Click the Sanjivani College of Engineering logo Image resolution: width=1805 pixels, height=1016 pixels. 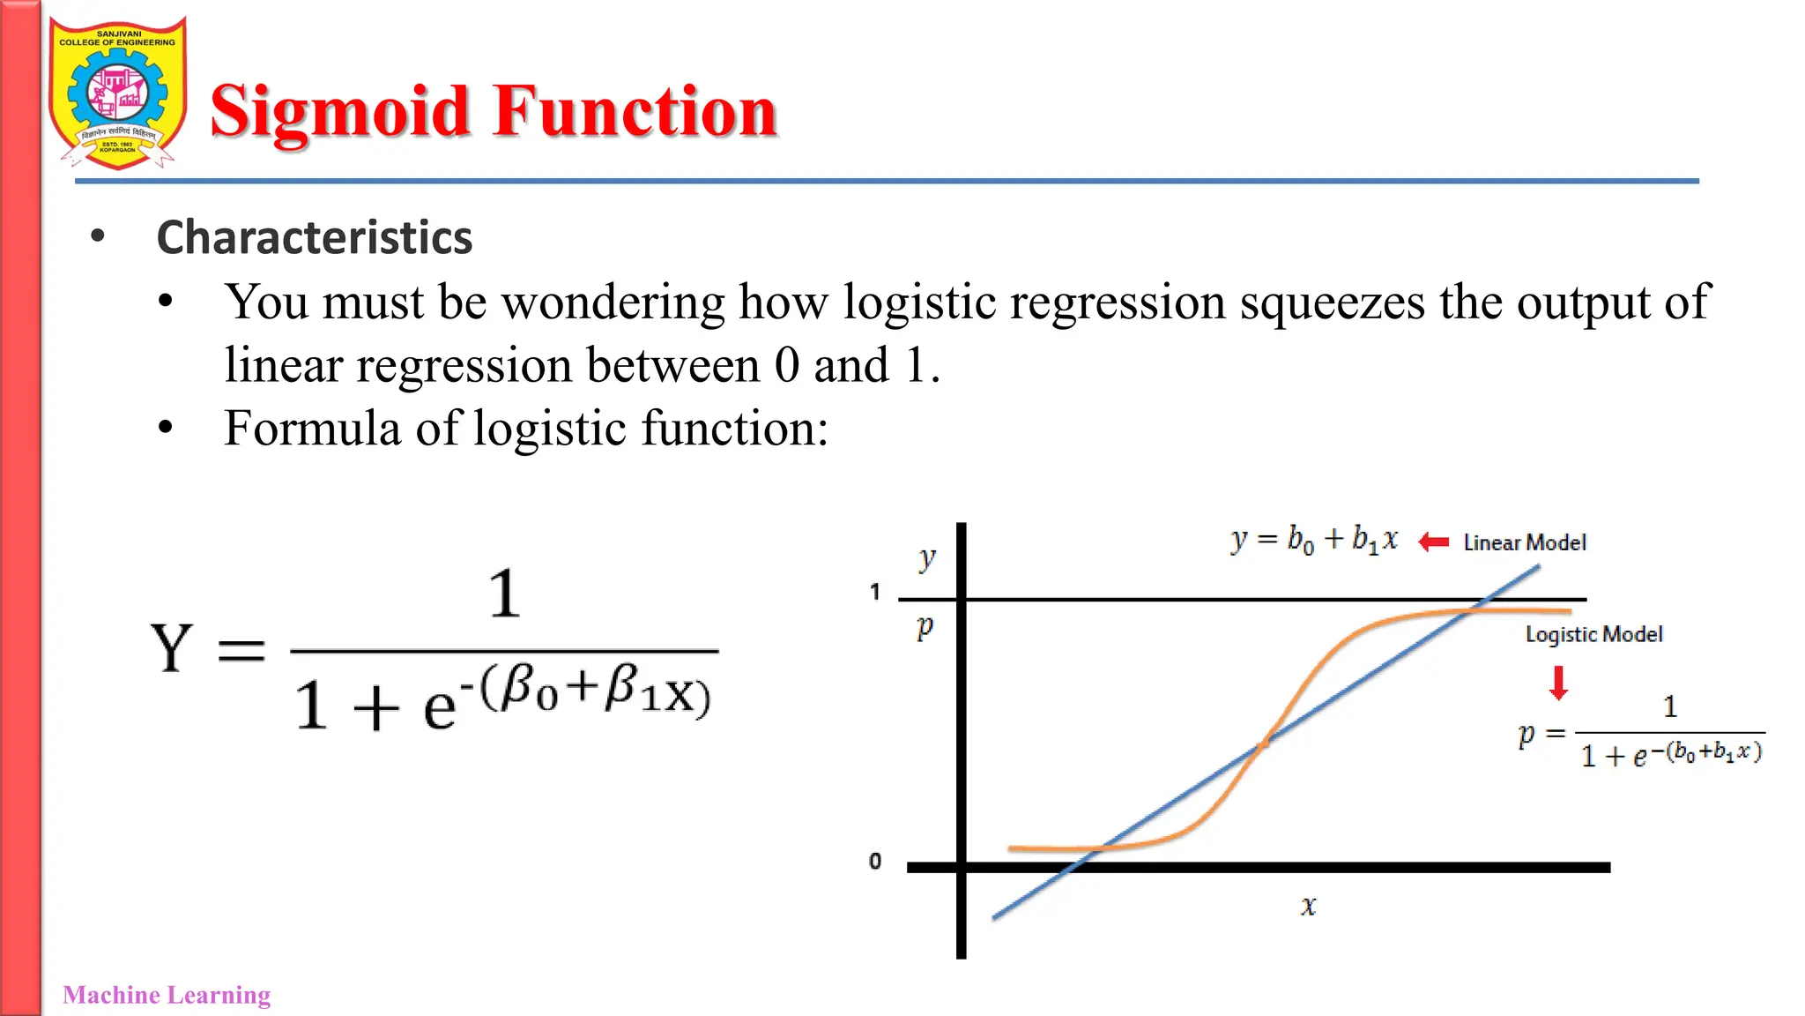pyautogui.click(x=117, y=93)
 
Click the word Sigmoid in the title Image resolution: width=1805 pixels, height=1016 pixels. pyautogui.click(x=339, y=112)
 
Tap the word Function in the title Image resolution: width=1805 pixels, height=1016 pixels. pyautogui.click(x=635, y=112)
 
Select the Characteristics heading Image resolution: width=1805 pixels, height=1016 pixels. pyautogui.click(x=314, y=237)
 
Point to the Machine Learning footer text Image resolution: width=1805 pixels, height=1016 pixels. pyautogui.click(x=167, y=995)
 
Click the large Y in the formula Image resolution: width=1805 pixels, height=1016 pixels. pyautogui.click(x=171, y=648)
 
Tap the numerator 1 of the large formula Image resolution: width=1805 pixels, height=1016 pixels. pyautogui.click(x=504, y=594)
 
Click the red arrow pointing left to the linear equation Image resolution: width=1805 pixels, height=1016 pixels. pyautogui.click(x=1434, y=542)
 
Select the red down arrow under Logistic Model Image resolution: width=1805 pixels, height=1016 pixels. pyautogui.click(x=1558, y=683)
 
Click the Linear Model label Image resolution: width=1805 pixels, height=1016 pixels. pyautogui.click(x=1525, y=542)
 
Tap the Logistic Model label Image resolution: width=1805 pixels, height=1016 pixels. pyautogui.click(x=1593, y=634)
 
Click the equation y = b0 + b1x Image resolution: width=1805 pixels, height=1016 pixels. pyautogui.click(x=1314, y=539)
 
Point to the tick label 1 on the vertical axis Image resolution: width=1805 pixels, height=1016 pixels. pyautogui.click(x=875, y=592)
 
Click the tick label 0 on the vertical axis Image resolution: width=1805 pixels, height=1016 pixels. pyautogui.click(x=875, y=861)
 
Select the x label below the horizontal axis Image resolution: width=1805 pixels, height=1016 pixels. pyautogui.click(x=1309, y=906)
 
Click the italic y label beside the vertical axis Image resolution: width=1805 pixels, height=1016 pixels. pyautogui.click(x=926, y=558)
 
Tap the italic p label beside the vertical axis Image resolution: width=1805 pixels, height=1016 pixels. pyautogui.click(x=925, y=627)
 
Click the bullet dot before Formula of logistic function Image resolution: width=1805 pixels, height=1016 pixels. pyautogui.click(x=166, y=429)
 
